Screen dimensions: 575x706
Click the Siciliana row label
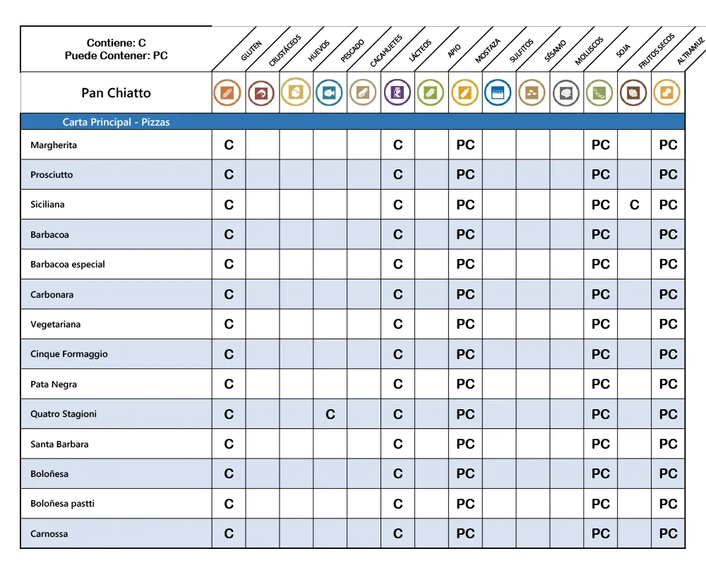(47, 205)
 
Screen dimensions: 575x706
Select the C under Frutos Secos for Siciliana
(635, 205)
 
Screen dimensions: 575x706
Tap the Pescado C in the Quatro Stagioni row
(330, 415)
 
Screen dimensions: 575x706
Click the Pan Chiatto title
(116, 93)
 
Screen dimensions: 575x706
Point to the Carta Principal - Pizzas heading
(116, 122)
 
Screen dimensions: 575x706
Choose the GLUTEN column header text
(251, 51)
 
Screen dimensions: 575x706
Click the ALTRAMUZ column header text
(690, 51)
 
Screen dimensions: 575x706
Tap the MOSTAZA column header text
(487, 51)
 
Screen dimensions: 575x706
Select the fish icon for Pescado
(330, 92)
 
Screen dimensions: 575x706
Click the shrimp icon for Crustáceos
(262, 92)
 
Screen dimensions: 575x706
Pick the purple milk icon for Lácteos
(397, 92)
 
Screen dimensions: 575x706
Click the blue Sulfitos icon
(498, 92)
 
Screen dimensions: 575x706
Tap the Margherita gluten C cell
(229, 145)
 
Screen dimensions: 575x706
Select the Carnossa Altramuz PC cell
(668, 534)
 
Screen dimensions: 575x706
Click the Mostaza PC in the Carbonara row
(465, 295)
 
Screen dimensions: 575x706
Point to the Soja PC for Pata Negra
(600, 385)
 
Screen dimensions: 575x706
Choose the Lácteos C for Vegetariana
(398, 325)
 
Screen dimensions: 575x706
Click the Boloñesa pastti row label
(62, 504)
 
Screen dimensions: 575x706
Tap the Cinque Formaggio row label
(69, 354)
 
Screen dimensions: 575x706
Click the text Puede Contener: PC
(116, 55)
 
